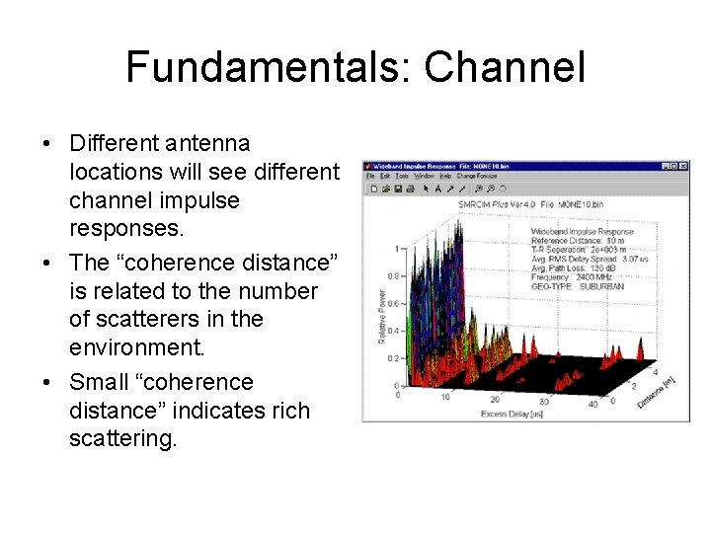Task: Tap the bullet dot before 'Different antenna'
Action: [47, 144]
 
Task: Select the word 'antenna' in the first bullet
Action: [209, 144]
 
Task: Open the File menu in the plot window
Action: [370, 176]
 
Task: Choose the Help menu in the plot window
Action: [446, 176]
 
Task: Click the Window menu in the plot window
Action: [423, 176]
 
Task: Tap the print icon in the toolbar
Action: [407, 188]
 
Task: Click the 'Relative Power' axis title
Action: [381, 316]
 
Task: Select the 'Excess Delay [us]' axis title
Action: [513, 414]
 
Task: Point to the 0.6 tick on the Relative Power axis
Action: [393, 303]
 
